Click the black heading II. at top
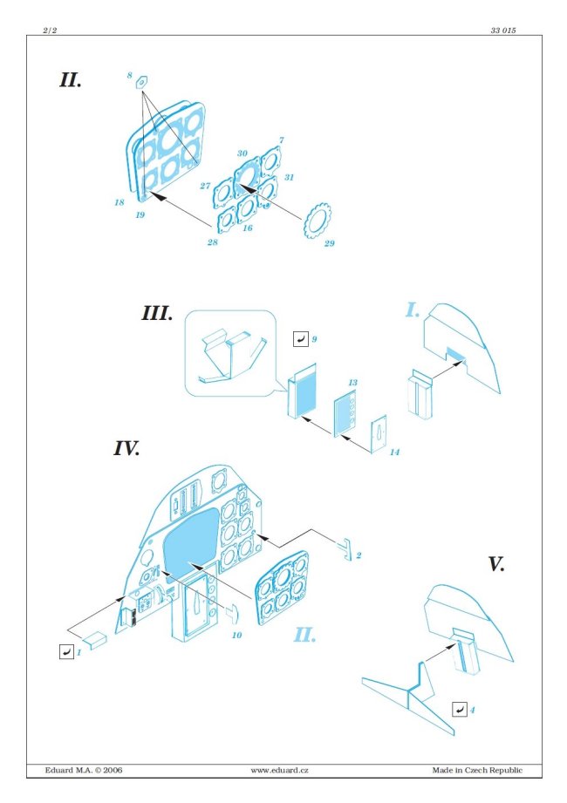[71, 80]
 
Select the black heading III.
[157, 313]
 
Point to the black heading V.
[495, 564]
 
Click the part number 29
[330, 243]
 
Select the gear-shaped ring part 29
[318, 221]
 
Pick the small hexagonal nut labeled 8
[142, 82]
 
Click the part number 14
[394, 453]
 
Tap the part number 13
[353, 383]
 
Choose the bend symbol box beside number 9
[301, 339]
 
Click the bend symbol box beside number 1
[66, 652]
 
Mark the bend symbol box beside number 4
[460, 710]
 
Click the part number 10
[236, 635]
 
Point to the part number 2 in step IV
[359, 555]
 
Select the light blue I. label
[413, 310]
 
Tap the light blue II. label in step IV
[304, 635]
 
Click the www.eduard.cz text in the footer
[280, 770]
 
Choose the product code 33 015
[503, 31]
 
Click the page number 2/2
[51, 31]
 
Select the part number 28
[213, 242]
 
